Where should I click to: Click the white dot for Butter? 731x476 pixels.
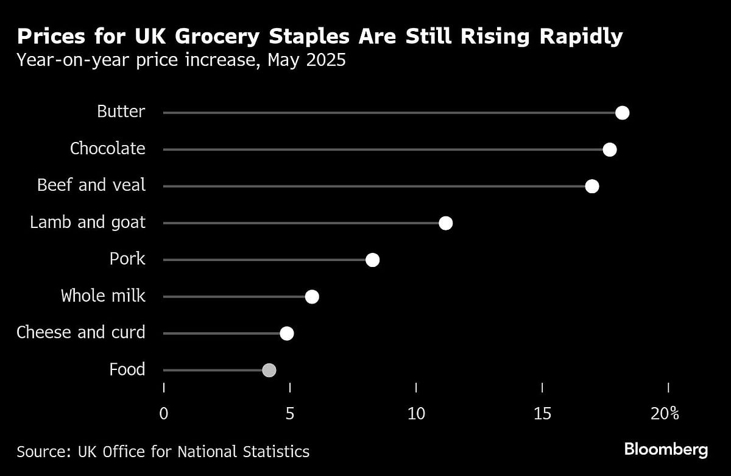coord(622,113)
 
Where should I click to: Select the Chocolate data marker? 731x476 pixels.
coord(609,149)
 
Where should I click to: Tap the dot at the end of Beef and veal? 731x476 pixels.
coord(592,186)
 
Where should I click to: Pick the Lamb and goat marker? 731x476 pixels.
coord(445,223)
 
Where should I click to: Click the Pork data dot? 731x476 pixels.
coord(372,260)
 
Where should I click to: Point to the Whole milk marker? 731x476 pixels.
coord(312,297)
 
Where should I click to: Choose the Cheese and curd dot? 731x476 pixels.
coord(286,333)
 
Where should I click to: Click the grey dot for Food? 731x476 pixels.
coord(269,370)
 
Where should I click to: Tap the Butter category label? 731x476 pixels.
coord(121,112)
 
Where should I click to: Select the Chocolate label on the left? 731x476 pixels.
coord(107,149)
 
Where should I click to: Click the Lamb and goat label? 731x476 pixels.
coord(88,222)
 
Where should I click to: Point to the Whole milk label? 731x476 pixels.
coord(103,296)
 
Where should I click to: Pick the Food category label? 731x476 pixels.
coord(127,369)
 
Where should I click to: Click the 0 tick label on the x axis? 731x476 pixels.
coord(164,414)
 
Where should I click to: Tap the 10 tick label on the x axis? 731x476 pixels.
coord(416,414)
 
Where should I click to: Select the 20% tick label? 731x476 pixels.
coord(665,414)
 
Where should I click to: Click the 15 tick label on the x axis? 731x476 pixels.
coord(542,414)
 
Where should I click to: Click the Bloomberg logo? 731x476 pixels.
coord(666,450)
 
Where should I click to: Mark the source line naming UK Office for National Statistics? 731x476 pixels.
coord(163,452)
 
